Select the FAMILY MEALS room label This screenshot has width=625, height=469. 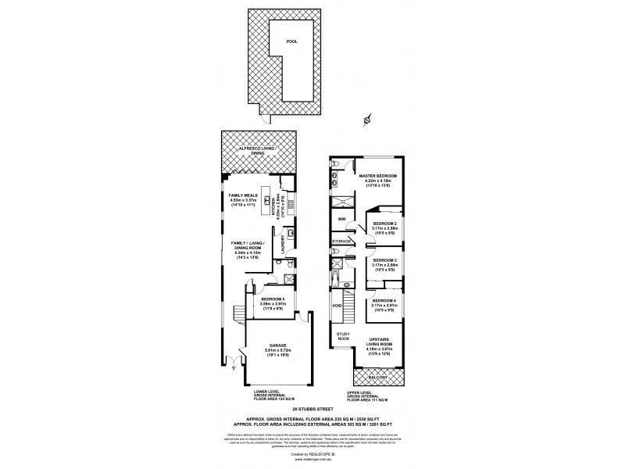point(243,195)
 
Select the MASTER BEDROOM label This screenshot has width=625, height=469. point(377,175)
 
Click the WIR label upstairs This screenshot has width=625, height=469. point(341,220)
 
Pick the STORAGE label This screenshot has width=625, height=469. point(342,242)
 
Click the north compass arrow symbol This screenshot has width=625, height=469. point(365,120)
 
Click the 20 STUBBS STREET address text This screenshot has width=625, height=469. point(312,409)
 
